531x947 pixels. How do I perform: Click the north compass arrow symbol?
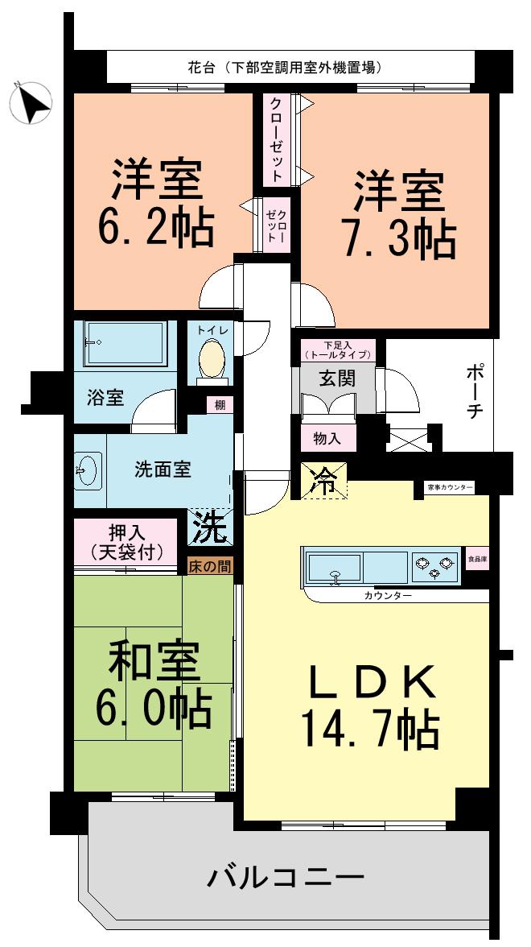click(31, 104)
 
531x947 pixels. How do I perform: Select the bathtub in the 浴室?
click(125, 344)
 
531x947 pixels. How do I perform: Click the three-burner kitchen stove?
click(434, 566)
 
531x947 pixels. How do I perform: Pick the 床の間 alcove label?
click(210, 567)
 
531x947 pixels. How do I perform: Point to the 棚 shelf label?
click(220, 406)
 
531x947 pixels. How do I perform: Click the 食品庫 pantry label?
click(477, 557)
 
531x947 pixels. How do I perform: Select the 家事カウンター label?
click(450, 488)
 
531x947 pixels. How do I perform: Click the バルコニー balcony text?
click(286, 876)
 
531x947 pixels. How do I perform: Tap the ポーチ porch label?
click(474, 392)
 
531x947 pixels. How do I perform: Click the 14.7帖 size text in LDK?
click(369, 728)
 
